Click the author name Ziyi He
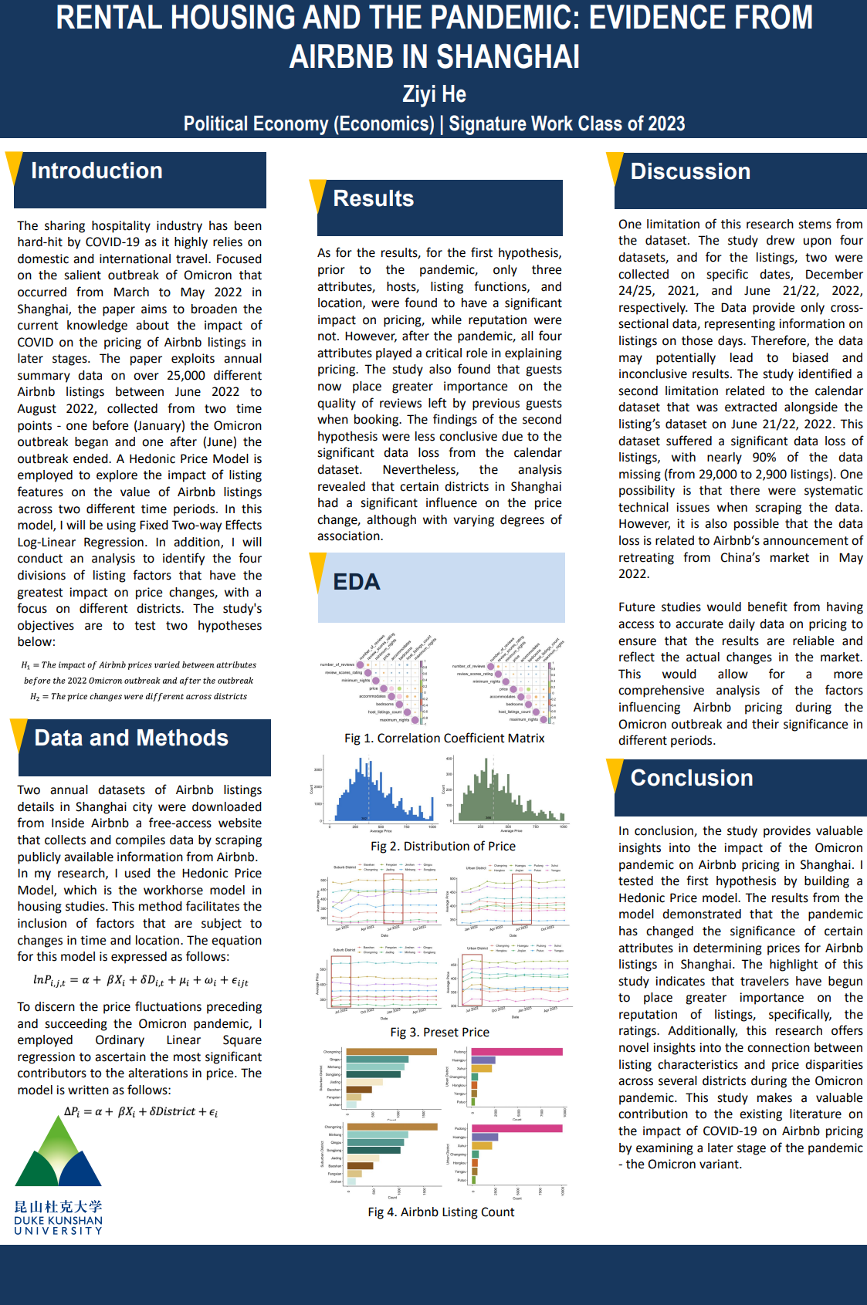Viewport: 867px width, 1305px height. click(x=434, y=94)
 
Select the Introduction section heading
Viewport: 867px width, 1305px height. click(x=97, y=171)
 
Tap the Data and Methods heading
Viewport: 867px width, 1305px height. click(x=131, y=738)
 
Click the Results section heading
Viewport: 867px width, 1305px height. click(x=373, y=198)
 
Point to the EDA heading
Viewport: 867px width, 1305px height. click(x=356, y=582)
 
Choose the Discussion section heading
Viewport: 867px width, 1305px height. click(x=690, y=171)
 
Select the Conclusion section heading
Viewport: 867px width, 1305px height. click(x=691, y=778)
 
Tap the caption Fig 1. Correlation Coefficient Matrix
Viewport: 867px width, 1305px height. click(x=444, y=739)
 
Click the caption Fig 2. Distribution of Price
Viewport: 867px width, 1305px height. click(x=442, y=847)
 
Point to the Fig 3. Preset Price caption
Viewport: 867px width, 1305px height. click(x=439, y=1033)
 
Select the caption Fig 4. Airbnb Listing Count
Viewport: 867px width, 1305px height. click(x=441, y=1212)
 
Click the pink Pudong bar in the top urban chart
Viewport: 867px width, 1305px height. click(x=516, y=1052)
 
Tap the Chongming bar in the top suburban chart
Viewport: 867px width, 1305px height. click(x=391, y=1051)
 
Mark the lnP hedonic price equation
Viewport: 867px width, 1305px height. click(x=140, y=980)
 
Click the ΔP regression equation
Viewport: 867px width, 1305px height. click(x=141, y=1112)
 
